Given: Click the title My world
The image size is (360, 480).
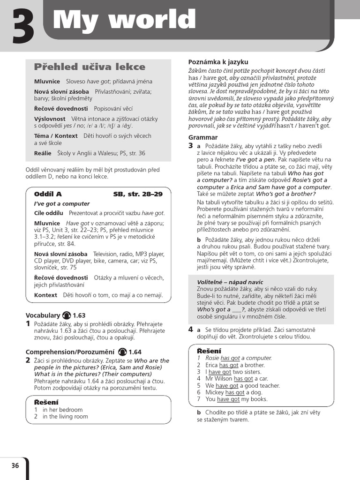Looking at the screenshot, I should click(124, 20).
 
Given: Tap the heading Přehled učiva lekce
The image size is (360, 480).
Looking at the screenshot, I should click(90, 67).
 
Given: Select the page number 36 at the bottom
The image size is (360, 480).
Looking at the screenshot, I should click(15, 465).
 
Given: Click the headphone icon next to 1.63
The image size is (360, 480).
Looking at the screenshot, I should click(67, 315).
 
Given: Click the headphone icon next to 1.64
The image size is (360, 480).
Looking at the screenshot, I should click(122, 352).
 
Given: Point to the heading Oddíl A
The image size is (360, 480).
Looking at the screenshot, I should click(48, 194).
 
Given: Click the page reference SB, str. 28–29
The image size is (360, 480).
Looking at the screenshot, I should click(138, 194).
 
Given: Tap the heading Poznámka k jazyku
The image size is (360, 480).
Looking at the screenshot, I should click(218, 62).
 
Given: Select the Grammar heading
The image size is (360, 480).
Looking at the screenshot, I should click(203, 137).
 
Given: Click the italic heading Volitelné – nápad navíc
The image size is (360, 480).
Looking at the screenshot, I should click(230, 282).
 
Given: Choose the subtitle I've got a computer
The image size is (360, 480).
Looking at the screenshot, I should click(62, 203).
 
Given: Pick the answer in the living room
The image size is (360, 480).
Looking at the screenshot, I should click(65, 416).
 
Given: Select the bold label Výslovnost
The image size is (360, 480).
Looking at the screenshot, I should click(50, 119).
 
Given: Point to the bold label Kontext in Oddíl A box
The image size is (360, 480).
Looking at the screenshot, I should click(45, 295).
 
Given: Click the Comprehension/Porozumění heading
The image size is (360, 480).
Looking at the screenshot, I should click(70, 352).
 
